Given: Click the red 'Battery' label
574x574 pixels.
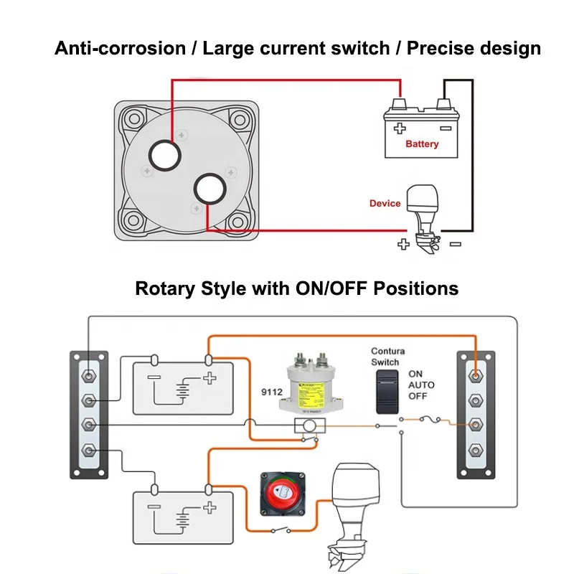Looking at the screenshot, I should point(421,144).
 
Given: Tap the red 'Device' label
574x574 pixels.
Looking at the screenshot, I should point(385,204).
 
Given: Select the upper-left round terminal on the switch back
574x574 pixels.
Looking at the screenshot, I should point(164,155).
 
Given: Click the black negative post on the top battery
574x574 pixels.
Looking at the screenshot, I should point(445,105).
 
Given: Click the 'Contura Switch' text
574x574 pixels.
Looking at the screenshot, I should point(387,357).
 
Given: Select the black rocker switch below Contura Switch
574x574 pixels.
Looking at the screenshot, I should point(387,392).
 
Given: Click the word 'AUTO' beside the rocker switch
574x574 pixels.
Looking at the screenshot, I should point(421,385).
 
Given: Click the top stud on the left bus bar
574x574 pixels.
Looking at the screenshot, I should point(88,375).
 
